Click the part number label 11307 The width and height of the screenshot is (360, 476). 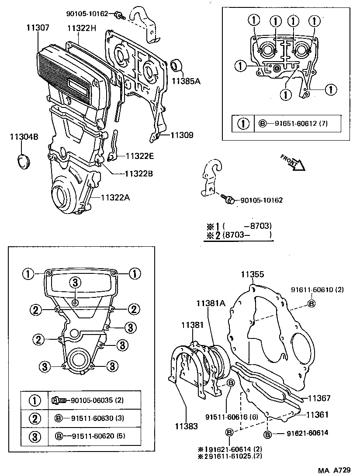37,28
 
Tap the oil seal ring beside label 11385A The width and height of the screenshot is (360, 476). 177,65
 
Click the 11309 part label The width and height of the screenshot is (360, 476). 182,135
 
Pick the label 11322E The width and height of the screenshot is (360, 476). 140,156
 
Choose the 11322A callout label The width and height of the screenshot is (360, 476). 115,197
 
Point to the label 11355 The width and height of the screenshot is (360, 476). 253,274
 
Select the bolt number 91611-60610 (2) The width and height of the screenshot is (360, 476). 312,290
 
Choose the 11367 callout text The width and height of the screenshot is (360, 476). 319,398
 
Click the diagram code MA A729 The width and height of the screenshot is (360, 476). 334,470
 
